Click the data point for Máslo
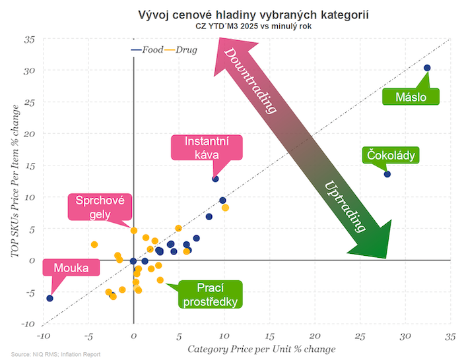(427, 68)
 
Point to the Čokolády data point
(387, 174)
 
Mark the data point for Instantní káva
(215, 179)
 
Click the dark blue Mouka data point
(49, 299)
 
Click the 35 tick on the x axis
(450, 336)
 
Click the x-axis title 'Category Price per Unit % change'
(262, 348)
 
